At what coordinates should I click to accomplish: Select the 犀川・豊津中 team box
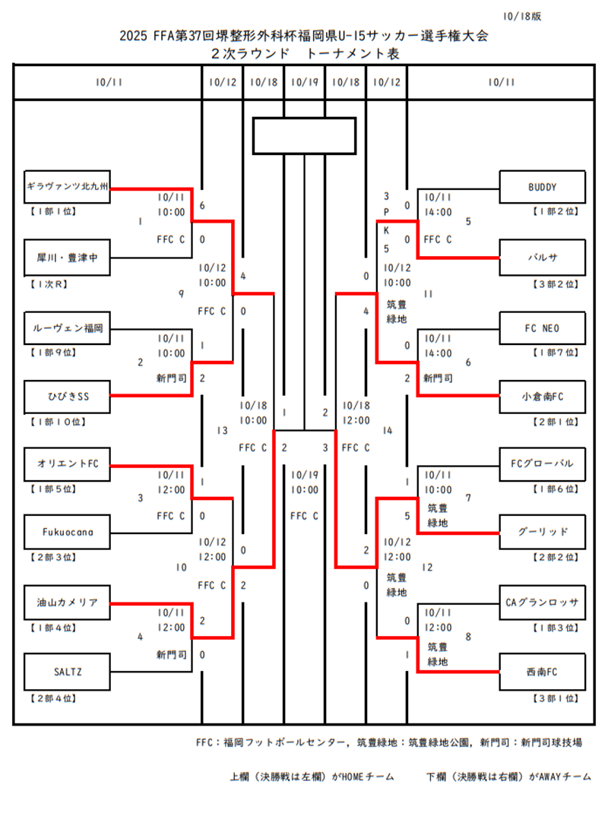pyautogui.click(x=68, y=258)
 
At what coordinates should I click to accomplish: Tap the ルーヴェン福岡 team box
pyautogui.click(x=68, y=328)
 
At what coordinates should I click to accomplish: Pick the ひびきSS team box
pyautogui.click(x=68, y=395)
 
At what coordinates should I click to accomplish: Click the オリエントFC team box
pyautogui.click(x=68, y=463)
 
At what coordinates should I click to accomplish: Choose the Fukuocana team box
pyautogui.click(x=68, y=532)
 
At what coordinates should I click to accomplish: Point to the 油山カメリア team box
pyautogui.click(x=68, y=603)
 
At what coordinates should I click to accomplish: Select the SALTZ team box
pyautogui.click(x=68, y=671)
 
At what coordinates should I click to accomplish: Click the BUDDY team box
pyautogui.click(x=542, y=187)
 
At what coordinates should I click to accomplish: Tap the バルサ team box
pyautogui.click(x=542, y=257)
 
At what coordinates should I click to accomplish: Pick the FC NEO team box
pyautogui.click(x=542, y=328)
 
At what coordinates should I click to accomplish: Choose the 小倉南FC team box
pyautogui.click(x=542, y=395)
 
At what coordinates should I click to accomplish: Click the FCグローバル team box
pyautogui.click(x=542, y=463)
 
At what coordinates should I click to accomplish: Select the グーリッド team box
pyautogui.click(x=542, y=532)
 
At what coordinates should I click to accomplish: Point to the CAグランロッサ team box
pyautogui.click(x=542, y=603)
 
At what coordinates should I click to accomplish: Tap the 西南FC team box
pyautogui.click(x=542, y=671)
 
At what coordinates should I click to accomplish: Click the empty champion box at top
pyautogui.click(x=304, y=136)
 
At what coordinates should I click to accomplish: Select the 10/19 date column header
pyautogui.click(x=304, y=82)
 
